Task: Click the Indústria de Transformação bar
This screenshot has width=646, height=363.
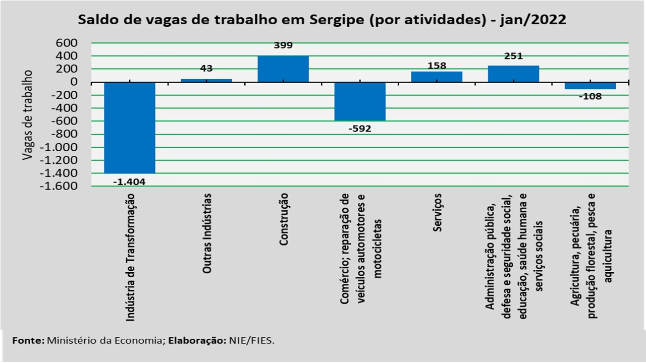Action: [x=130, y=128]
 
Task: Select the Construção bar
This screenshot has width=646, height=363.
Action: [x=283, y=69]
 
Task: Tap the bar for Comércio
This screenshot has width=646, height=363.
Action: [x=360, y=101]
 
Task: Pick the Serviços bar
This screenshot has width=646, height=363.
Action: [x=437, y=77]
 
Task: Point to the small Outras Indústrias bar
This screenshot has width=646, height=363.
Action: [x=206, y=80]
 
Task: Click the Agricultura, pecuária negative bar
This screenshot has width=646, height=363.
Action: [x=590, y=86]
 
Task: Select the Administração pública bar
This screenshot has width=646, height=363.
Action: [x=513, y=74]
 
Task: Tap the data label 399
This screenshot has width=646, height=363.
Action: [x=283, y=45]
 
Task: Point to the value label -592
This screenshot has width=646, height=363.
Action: [x=360, y=129]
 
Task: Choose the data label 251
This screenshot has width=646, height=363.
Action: [x=513, y=56]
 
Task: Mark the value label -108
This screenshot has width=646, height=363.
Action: [x=590, y=96]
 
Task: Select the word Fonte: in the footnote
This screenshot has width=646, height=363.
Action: [x=28, y=340]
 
